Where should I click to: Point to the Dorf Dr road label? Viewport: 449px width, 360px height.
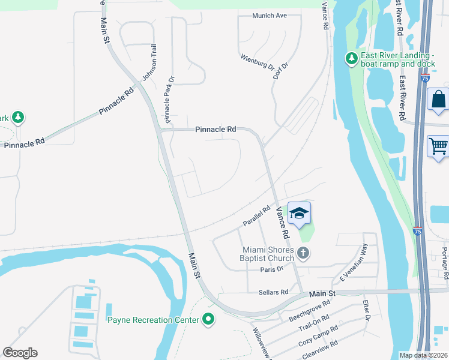pyautogui.click(x=277, y=72)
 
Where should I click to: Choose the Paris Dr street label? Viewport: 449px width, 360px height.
pyautogui.click(x=271, y=269)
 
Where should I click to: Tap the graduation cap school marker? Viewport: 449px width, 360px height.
pyautogui.click(x=300, y=212)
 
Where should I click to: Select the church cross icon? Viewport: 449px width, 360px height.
pyautogui.click(x=303, y=253)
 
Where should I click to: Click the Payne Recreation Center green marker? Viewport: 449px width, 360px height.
pyautogui.click(x=208, y=320)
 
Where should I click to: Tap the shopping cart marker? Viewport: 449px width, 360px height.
pyautogui.click(x=439, y=146)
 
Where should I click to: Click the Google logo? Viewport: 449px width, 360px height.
pyautogui.click(x=20, y=353)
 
